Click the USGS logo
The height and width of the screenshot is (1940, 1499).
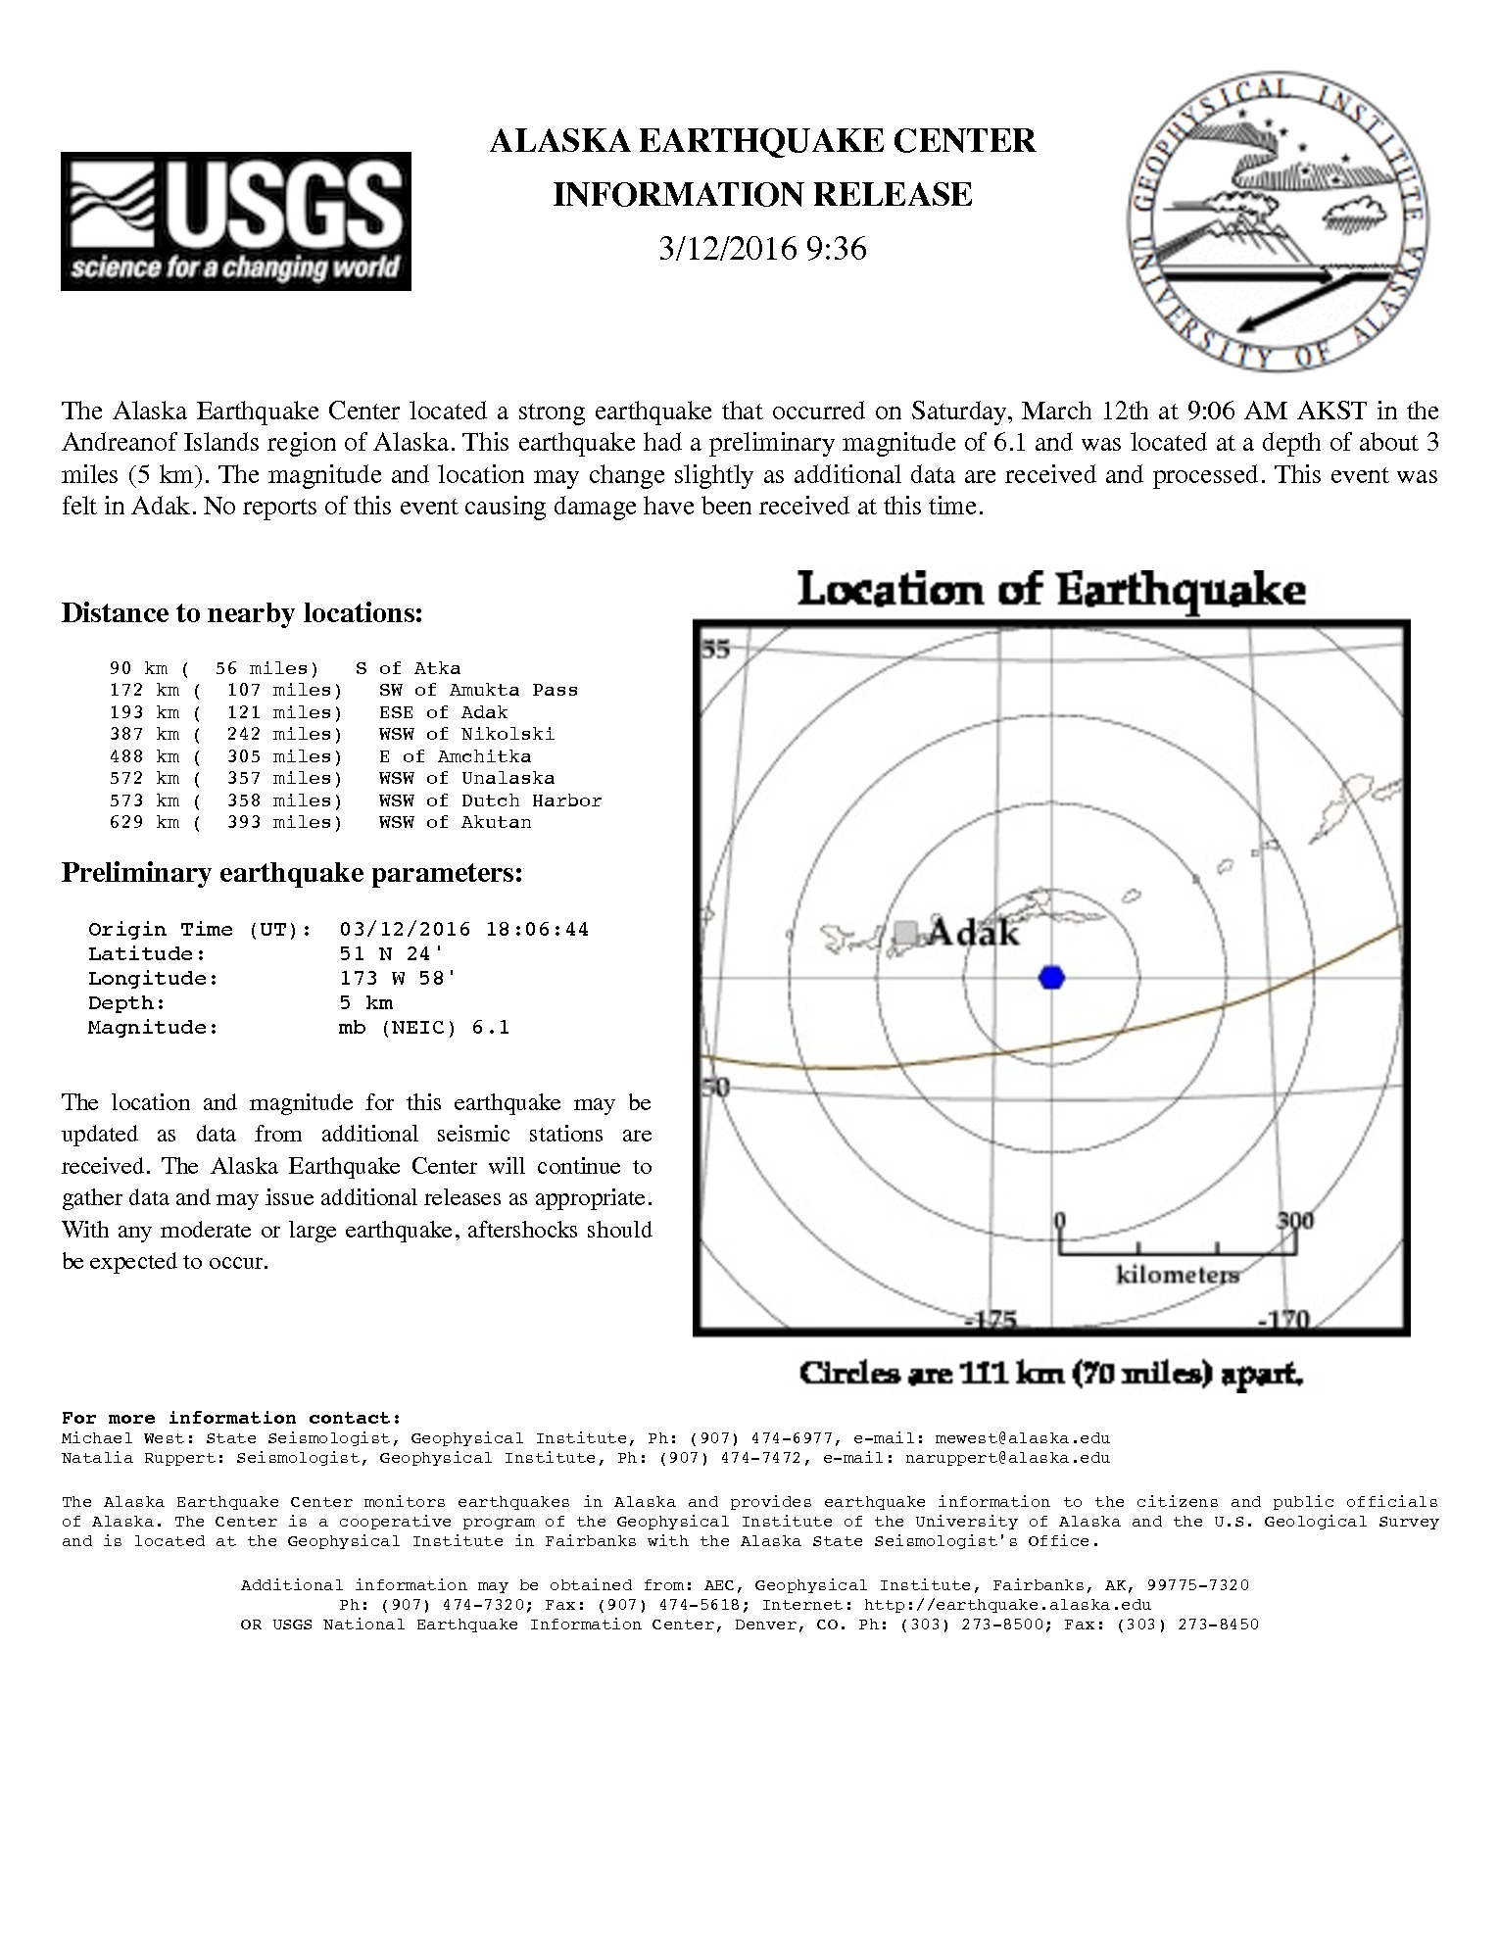[x=235, y=221]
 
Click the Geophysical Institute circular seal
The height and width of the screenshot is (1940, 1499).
[x=1277, y=221]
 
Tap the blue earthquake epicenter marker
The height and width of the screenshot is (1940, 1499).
[x=1051, y=977]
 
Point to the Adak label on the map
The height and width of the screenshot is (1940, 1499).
[x=973, y=933]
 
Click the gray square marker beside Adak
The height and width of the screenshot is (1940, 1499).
[x=907, y=932]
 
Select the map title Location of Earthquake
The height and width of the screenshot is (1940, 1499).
[x=1050, y=591]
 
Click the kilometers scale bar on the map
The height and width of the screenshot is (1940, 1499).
[x=1177, y=1249]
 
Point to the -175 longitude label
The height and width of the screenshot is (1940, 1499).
[x=991, y=1321]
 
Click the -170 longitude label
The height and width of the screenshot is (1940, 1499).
[x=1283, y=1321]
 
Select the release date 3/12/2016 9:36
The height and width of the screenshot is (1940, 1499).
[x=762, y=249]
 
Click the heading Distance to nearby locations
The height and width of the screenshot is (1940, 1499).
[x=242, y=613]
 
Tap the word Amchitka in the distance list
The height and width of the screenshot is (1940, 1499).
[x=484, y=756]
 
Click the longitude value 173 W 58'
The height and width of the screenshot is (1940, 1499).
[x=398, y=978]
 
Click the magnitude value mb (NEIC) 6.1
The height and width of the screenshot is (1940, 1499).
[x=423, y=1027]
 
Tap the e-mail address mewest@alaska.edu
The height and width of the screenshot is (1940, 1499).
[x=1023, y=1438]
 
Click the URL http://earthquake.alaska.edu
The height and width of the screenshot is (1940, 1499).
[x=1007, y=1605]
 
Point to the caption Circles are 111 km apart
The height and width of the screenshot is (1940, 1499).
[x=1050, y=1373]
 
